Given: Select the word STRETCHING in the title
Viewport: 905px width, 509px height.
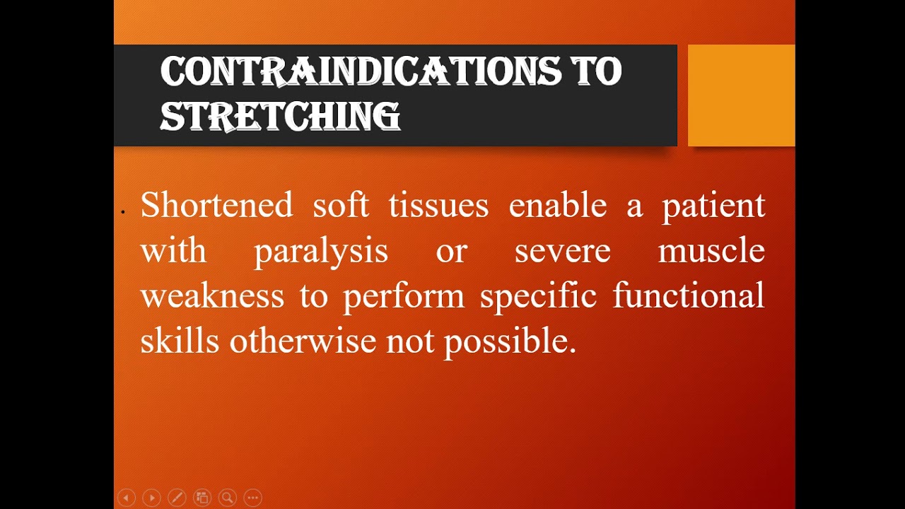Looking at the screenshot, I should [280, 117].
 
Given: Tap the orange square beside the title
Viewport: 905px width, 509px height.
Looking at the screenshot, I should [741, 95].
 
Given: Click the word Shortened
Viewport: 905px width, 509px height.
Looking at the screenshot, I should [216, 206].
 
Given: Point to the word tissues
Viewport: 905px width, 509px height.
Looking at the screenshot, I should [438, 206].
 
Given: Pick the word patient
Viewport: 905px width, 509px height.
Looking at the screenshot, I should [713, 206].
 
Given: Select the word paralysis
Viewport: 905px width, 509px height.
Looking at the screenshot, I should [321, 251].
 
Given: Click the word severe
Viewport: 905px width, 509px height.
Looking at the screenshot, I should [562, 251].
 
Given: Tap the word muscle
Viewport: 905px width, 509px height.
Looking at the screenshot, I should [711, 251].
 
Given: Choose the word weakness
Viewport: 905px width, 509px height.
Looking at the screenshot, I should [212, 296].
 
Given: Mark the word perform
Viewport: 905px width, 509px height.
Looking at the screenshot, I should [404, 296].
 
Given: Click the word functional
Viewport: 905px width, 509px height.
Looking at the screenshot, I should [688, 296].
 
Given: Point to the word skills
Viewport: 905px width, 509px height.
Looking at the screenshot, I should [180, 341].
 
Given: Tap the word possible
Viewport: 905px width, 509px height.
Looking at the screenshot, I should [509, 341].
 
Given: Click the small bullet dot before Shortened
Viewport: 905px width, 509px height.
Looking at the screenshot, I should [123, 211].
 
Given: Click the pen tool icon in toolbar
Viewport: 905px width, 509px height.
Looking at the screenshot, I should [177, 498].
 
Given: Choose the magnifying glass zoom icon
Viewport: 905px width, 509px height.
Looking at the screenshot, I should [228, 498].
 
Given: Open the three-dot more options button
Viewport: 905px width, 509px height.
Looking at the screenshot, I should [253, 498].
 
